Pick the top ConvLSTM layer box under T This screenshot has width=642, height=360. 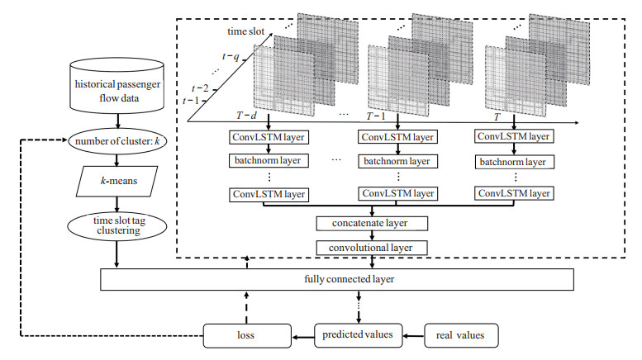[513, 135]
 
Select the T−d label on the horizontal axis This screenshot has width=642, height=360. [249, 116]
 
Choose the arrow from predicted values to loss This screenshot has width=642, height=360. [302, 335]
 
